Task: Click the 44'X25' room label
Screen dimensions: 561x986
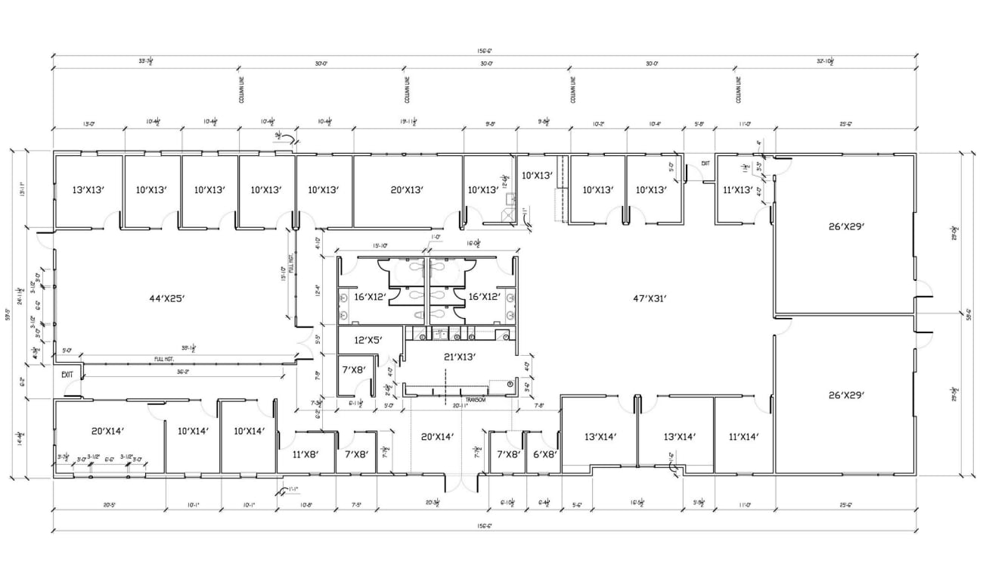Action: (x=167, y=298)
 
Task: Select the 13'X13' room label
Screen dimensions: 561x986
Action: (x=88, y=189)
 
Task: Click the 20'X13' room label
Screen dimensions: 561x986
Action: (x=407, y=189)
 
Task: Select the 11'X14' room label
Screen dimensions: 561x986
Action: (x=743, y=436)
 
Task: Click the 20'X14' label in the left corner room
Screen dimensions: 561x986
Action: (x=107, y=431)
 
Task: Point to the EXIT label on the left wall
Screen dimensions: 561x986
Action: (x=67, y=374)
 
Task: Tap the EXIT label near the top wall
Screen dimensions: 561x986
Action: (x=705, y=163)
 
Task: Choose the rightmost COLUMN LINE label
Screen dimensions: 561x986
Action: (x=739, y=89)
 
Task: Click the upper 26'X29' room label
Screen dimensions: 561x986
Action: (x=846, y=226)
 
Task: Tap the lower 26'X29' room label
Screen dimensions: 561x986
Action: (x=846, y=394)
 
